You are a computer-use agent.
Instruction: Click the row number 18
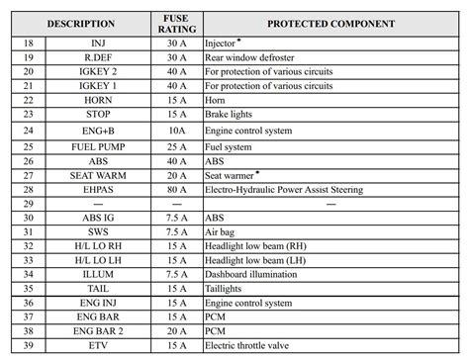pos(28,45)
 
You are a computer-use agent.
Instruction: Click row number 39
pos(28,346)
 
